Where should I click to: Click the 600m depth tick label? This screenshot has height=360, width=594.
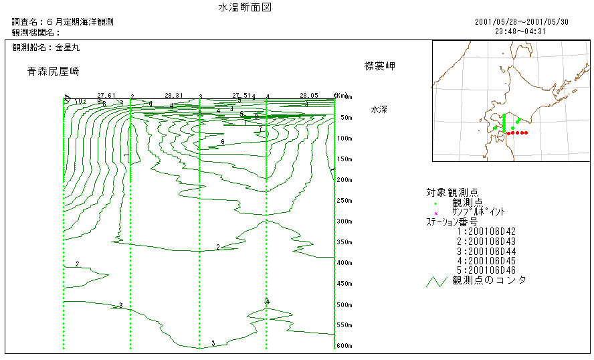click(x=345, y=346)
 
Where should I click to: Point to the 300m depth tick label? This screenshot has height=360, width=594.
click(x=345, y=221)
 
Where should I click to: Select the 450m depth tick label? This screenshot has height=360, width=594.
click(x=345, y=284)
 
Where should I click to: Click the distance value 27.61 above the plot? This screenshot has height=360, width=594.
click(x=106, y=96)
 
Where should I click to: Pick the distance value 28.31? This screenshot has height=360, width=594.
click(x=174, y=96)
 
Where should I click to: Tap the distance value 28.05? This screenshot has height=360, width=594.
click(x=309, y=96)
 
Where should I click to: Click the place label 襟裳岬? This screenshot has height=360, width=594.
click(x=380, y=66)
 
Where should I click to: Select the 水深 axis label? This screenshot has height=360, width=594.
click(x=380, y=108)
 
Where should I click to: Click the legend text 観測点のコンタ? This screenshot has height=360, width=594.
click(x=489, y=280)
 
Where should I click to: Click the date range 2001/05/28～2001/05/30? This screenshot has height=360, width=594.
click(x=521, y=22)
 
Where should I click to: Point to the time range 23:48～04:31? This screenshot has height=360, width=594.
click(x=520, y=31)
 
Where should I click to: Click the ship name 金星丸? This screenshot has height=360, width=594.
click(x=68, y=48)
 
